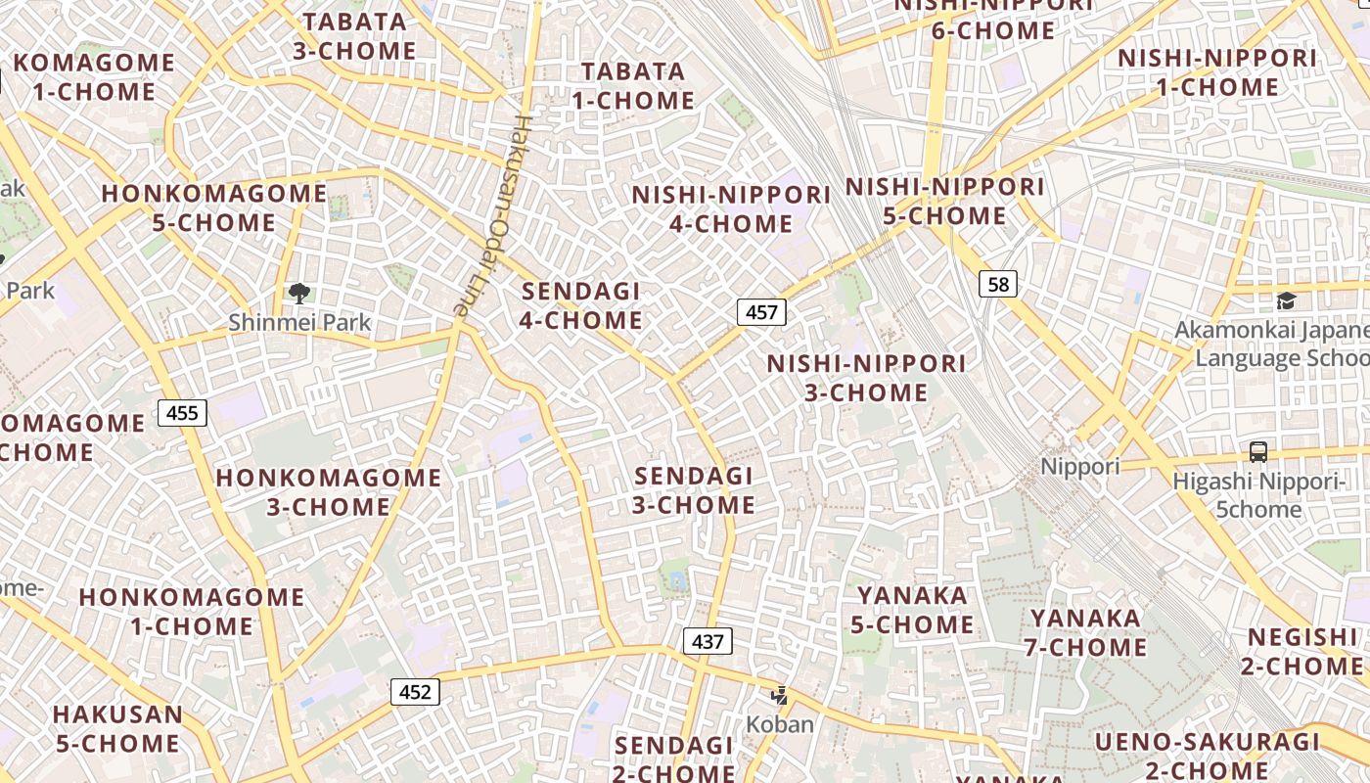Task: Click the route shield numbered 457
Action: pyautogui.click(x=761, y=312)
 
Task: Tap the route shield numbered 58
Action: pyautogui.click(x=998, y=284)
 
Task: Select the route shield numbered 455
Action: pyautogui.click(x=182, y=412)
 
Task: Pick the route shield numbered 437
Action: pyautogui.click(x=708, y=641)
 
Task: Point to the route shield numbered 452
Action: pyautogui.click(x=415, y=692)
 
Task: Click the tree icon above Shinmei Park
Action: pyautogui.click(x=299, y=293)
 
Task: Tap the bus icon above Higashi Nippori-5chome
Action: pyautogui.click(x=1258, y=452)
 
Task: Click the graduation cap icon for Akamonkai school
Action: pyautogui.click(x=1286, y=301)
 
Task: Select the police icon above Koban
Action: pyautogui.click(x=780, y=696)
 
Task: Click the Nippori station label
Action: pyautogui.click(x=1079, y=466)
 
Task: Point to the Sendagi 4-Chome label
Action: pyautogui.click(x=581, y=305)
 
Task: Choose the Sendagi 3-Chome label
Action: pyautogui.click(x=694, y=490)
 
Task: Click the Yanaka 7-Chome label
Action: pyautogui.click(x=1086, y=632)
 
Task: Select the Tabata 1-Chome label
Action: pyautogui.click(x=633, y=86)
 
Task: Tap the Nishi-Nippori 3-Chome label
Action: pyautogui.click(x=866, y=378)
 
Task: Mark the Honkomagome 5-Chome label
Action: pyautogui.click(x=213, y=207)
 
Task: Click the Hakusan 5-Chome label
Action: pyautogui.click(x=117, y=728)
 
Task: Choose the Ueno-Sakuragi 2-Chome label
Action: pyautogui.click(x=1207, y=755)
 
